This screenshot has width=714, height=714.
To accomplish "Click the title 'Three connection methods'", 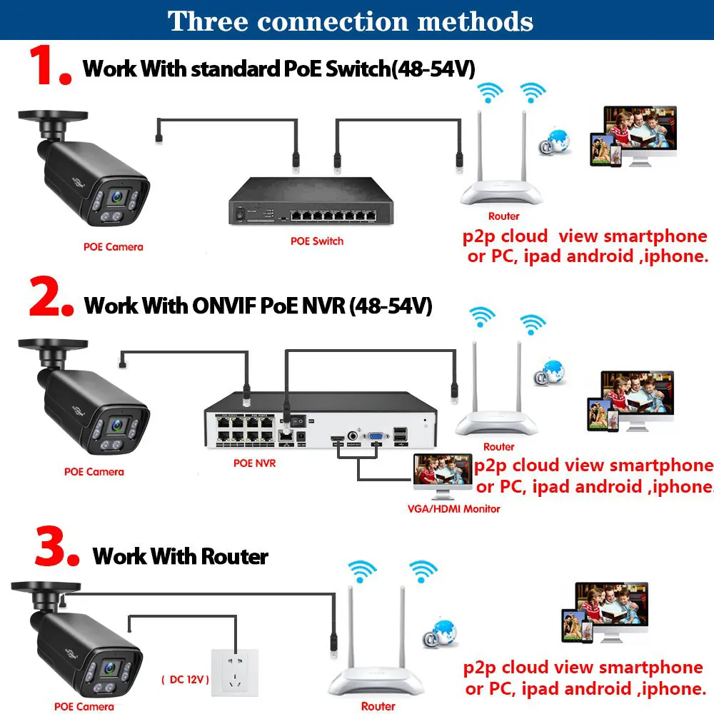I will point(351,21).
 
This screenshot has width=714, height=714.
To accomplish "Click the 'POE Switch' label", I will point(316,241).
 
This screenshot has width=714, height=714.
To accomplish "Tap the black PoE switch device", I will point(311,201).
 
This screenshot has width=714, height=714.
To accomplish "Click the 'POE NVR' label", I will point(254,463).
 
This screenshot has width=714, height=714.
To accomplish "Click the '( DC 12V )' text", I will point(185,679).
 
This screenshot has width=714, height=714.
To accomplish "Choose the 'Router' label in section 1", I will point(503,216).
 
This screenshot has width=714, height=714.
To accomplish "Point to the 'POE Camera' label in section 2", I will point(94,471).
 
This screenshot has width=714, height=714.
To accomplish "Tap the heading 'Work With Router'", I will point(181,556).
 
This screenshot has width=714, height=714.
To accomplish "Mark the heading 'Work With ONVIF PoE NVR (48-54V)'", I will point(258,306).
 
